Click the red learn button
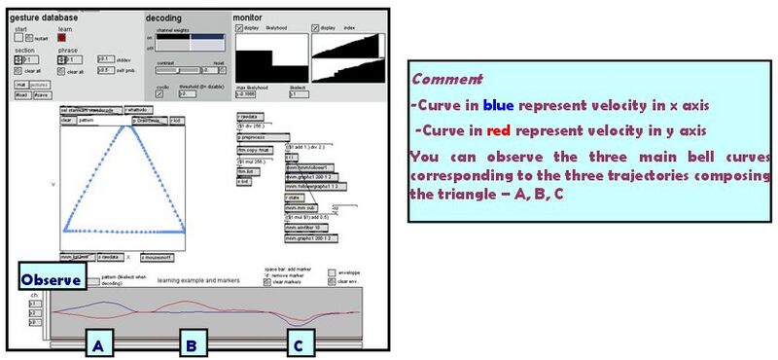61,38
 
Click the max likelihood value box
249,94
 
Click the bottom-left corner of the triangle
66,231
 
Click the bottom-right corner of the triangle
186,231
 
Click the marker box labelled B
193,343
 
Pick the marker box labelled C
301,343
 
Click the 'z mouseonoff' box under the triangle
159,257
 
